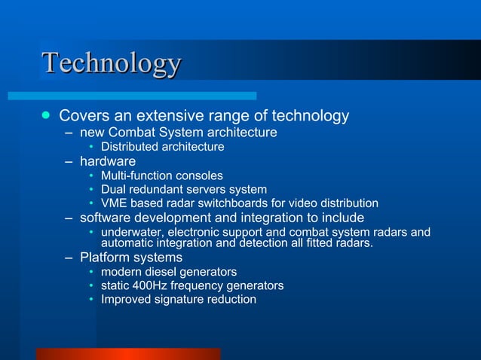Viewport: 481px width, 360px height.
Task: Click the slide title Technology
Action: pyautogui.click(x=112, y=63)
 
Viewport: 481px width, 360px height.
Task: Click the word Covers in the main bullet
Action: pyautogui.click(x=81, y=116)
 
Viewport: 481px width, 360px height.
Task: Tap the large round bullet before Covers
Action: pyautogui.click(x=46, y=116)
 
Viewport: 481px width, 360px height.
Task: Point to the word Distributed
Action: pyautogui.click(x=130, y=146)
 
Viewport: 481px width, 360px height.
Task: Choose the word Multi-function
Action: pyautogui.click(x=138, y=175)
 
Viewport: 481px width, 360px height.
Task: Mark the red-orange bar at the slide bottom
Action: pyautogui.click(x=128, y=354)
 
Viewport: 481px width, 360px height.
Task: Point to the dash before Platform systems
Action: pyautogui.click(x=69, y=258)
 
